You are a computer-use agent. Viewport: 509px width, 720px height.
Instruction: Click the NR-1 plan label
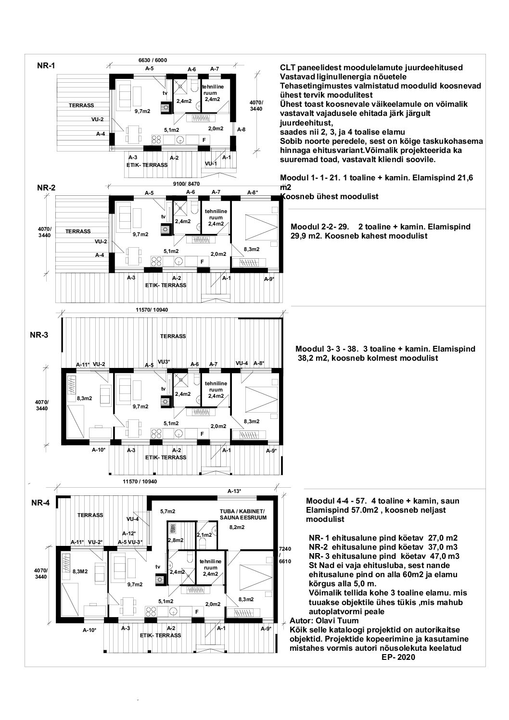click(46, 66)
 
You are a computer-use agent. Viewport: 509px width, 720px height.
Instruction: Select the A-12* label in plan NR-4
click(128, 533)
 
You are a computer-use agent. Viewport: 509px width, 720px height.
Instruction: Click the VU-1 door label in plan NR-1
click(210, 164)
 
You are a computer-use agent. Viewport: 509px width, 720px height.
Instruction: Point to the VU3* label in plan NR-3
click(164, 361)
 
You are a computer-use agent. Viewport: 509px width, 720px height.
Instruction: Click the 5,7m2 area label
click(167, 511)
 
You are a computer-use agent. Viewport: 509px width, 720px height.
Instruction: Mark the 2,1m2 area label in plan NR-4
click(204, 535)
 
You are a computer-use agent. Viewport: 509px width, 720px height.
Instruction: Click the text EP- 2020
click(397, 657)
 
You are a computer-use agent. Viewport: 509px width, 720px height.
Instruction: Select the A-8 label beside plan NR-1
click(241, 129)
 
